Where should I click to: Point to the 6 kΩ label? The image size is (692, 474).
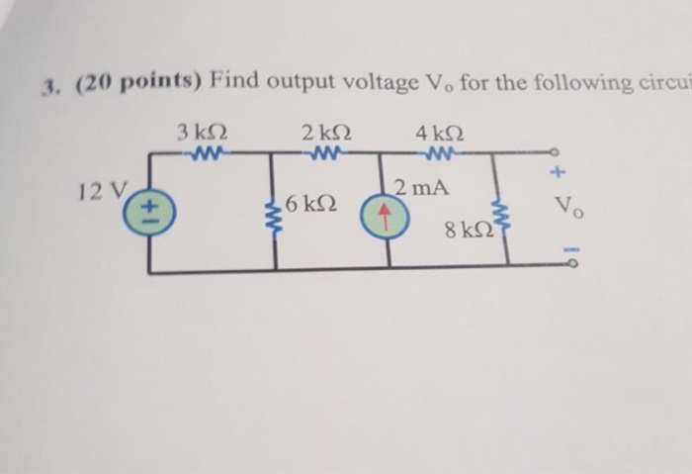pos(308,206)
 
